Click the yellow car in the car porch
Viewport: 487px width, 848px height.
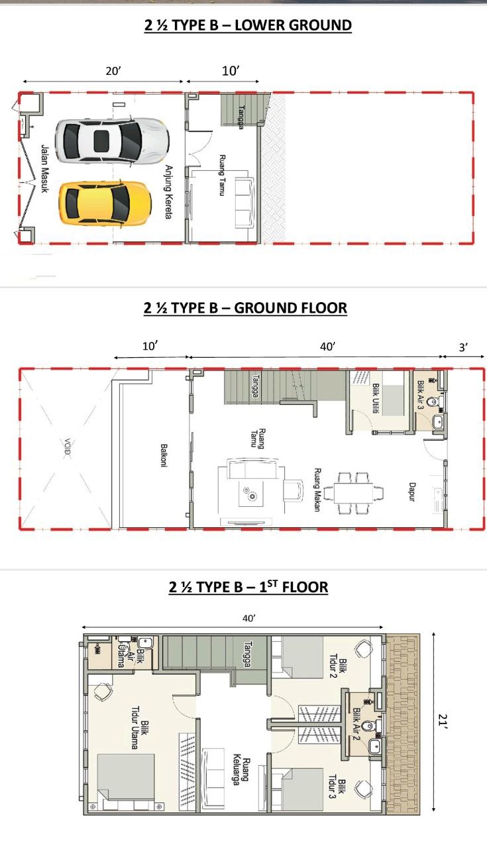tap(105, 204)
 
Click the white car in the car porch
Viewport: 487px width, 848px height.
tap(112, 141)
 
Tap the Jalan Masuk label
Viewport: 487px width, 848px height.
tap(44, 168)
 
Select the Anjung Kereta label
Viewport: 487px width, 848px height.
tap(168, 191)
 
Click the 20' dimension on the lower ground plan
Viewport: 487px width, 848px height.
tap(113, 71)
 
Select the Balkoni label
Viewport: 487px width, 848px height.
tap(164, 456)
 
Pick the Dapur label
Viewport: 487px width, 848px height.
tap(412, 492)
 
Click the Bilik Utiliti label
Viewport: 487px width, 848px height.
tap(376, 398)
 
